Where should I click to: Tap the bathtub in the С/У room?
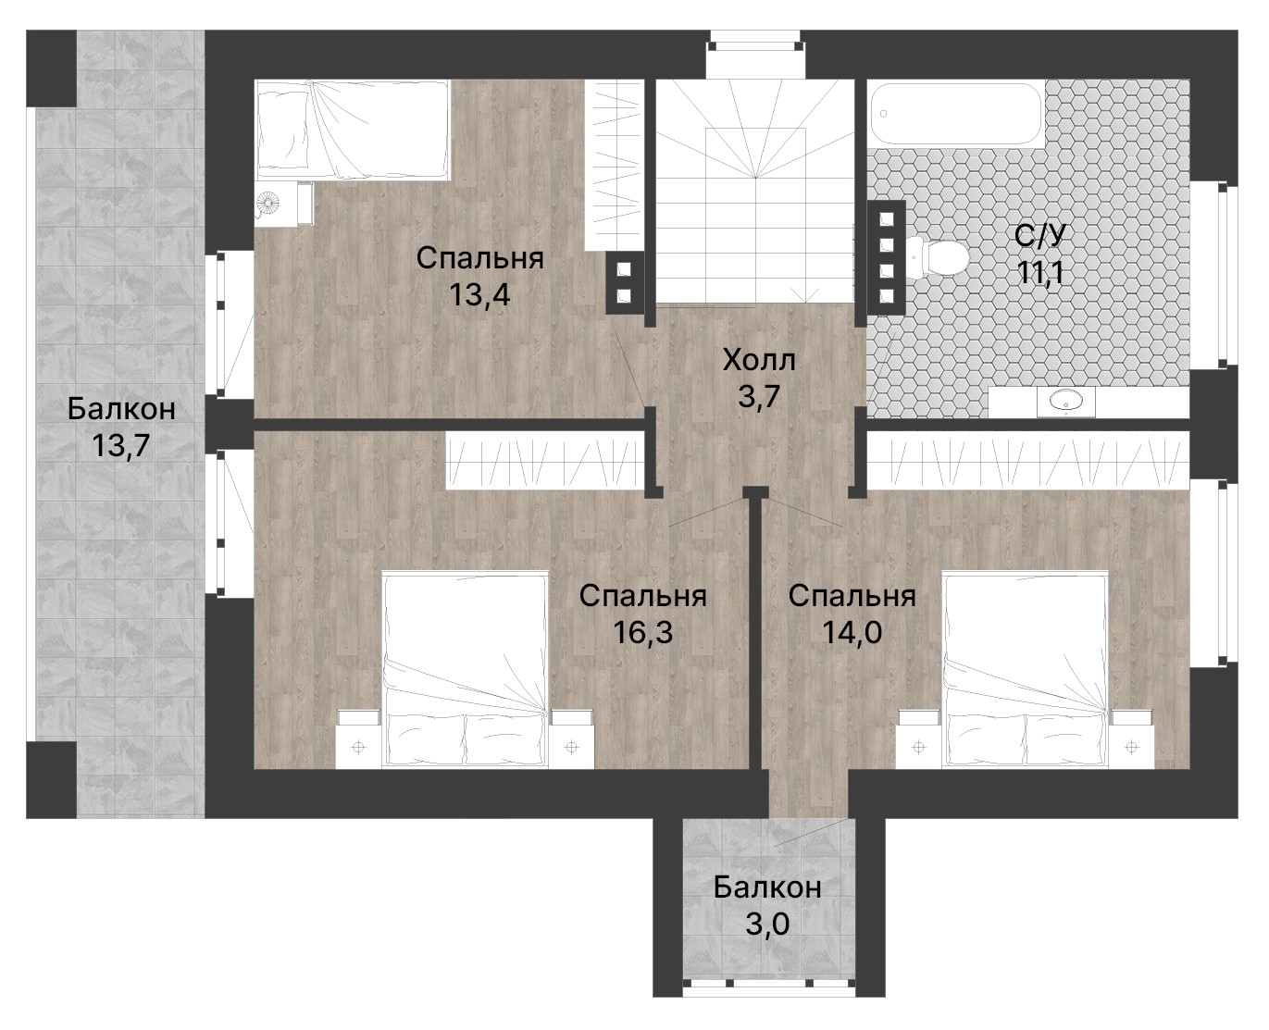(955, 113)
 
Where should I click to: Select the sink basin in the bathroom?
(1066, 402)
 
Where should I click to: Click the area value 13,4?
(479, 294)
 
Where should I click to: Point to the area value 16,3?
(643, 632)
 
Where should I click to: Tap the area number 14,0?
(852, 632)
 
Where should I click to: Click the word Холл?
(759, 360)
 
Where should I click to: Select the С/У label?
(1039, 236)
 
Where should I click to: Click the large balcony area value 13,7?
(121, 445)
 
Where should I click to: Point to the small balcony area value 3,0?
(767, 924)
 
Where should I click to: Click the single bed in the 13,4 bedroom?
(352, 130)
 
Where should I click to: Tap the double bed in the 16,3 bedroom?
(465, 669)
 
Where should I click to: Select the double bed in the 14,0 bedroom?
(1025, 669)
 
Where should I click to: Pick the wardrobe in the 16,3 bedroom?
(545, 461)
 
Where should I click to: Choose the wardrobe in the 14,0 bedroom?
(1027, 461)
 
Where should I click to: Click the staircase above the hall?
(755, 192)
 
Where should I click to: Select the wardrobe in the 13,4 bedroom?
(615, 166)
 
